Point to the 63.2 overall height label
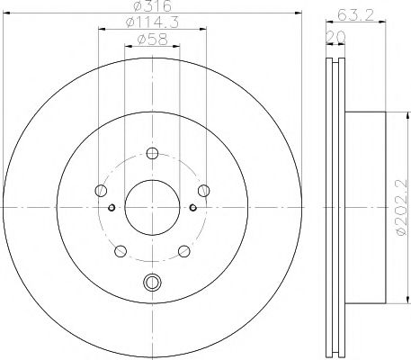pyautogui.click(x=353, y=13)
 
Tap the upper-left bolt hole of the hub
pyautogui.click(x=99, y=189)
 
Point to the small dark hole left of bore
pyautogui.click(x=111, y=208)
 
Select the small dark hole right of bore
pyautogui.click(x=191, y=208)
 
